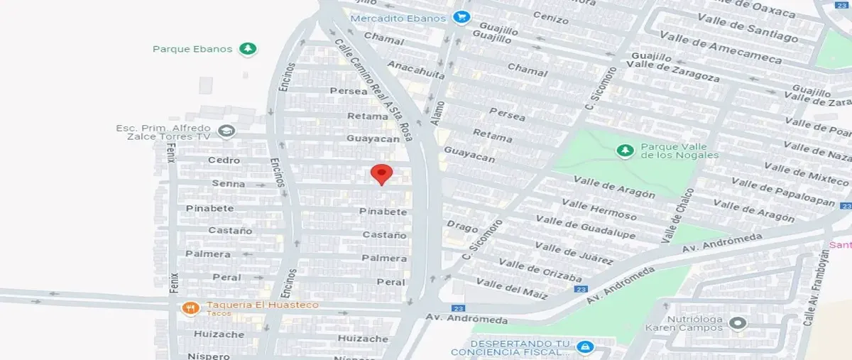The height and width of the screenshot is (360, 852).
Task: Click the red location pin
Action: click(382, 173)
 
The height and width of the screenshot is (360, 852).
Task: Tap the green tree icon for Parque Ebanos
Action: click(247, 49)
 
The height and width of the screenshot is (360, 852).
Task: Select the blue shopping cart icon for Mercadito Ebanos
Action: click(462, 17)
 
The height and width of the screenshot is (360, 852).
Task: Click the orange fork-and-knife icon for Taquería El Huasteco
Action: click(189, 307)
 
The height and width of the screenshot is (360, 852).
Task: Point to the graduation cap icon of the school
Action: click(226, 131)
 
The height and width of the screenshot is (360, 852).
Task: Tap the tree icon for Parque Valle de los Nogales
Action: click(624, 150)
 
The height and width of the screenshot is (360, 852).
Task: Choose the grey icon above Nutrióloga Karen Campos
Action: click(738, 323)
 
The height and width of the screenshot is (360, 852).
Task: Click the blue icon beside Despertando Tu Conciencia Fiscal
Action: click(585, 347)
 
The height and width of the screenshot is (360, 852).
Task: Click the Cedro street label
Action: click(224, 160)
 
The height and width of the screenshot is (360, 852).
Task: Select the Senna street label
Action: click(229, 184)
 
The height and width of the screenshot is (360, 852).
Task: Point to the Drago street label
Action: click(457, 227)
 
